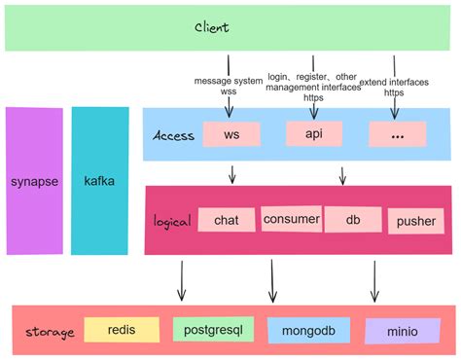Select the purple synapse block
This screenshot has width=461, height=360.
tap(34, 181)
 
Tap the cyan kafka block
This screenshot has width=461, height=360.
tap(100, 181)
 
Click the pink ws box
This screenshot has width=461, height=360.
tap(231, 134)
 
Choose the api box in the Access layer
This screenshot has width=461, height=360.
tap(314, 133)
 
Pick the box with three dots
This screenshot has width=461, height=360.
tap(397, 135)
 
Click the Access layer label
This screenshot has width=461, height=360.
tap(174, 135)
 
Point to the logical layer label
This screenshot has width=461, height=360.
tap(172, 221)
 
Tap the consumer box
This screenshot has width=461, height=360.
tap(291, 219)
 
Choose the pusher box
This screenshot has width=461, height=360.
tap(416, 221)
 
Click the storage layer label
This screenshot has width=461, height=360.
tap(47, 332)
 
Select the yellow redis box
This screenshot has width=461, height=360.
tap(121, 330)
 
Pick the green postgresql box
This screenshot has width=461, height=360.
tap(213, 329)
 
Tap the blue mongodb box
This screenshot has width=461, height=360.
tap(308, 331)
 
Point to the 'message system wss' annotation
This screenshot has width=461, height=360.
tap(229, 86)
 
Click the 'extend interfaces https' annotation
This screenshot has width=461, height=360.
tap(394, 87)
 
